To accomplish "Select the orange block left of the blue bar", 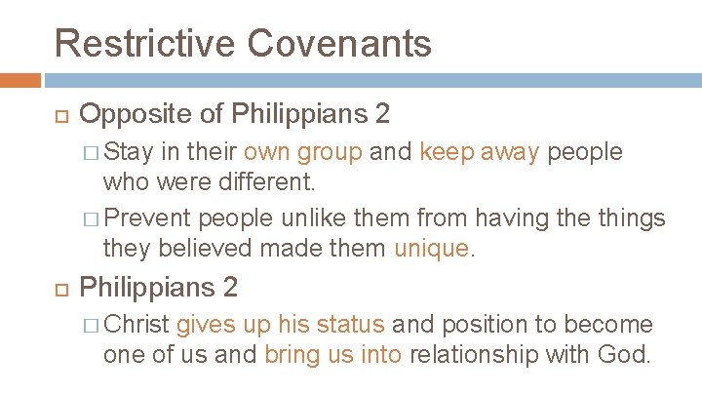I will point(20,80).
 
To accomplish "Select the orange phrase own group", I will point(302,152).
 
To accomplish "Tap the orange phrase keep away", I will point(479,152).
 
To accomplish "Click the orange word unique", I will point(431,249).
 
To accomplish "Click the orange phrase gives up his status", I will point(281,324).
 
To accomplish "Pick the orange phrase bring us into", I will point(332,353).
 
